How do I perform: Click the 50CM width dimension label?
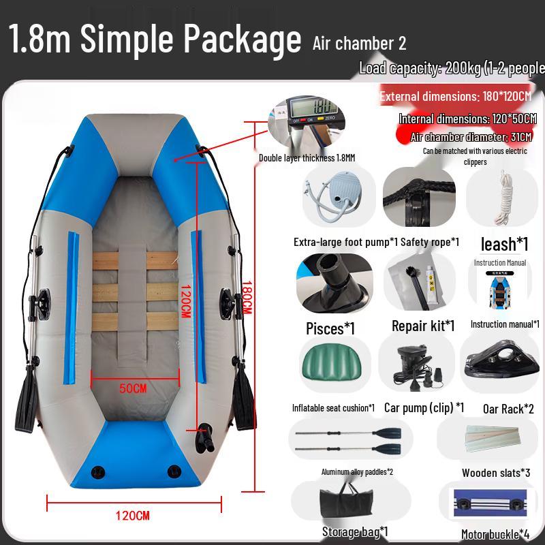(133, 388)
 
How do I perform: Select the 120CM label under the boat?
(134, 515)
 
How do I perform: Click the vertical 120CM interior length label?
(185, 300)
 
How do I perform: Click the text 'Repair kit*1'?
(423, 326)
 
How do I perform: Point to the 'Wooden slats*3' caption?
(496, 473)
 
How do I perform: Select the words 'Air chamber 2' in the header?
(360, 43)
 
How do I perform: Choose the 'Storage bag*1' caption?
(355, 531)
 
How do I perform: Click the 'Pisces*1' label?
(330, 328)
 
